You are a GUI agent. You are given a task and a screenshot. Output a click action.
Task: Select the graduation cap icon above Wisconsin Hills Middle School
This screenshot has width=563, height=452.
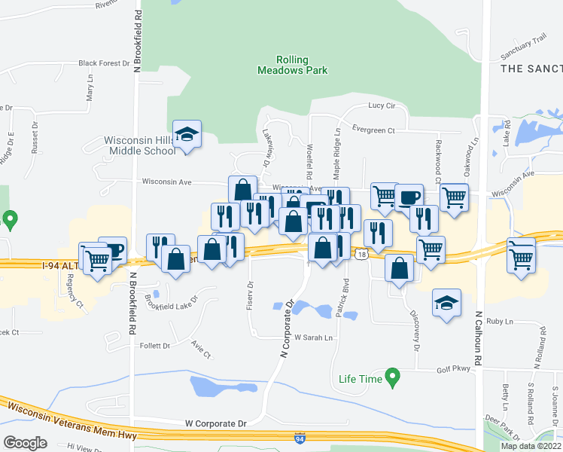pyautogui.click(x=186, y=136)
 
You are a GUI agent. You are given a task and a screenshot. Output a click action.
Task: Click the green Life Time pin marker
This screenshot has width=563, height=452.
pyautogui.click(x=391, y=376)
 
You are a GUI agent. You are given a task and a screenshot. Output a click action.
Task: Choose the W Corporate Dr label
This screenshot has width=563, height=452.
pyautogui.click(x=216, y=424)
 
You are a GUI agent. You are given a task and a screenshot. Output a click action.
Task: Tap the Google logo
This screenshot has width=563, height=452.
pyautogui.click(x=25, y=443)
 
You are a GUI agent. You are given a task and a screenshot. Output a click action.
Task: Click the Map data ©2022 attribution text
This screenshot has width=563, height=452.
pyautogui.click(x=530, y=446)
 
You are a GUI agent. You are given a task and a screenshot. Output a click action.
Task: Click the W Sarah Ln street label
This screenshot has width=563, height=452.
pyautogui.click(x=313, y=338)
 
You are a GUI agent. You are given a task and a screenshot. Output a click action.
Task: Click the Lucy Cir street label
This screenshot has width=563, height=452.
pyautogui.click(x=382, y=106)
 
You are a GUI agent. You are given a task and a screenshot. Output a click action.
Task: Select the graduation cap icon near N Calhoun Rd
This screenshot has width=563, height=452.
pyautogui.click(x=446, y=303)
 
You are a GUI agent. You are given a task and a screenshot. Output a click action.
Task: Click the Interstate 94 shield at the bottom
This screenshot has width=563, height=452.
pyautogui.click(x=300, y=437)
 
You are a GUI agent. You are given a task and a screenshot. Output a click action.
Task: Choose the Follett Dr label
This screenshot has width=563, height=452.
pyautogui.click(x=156, y=346)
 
